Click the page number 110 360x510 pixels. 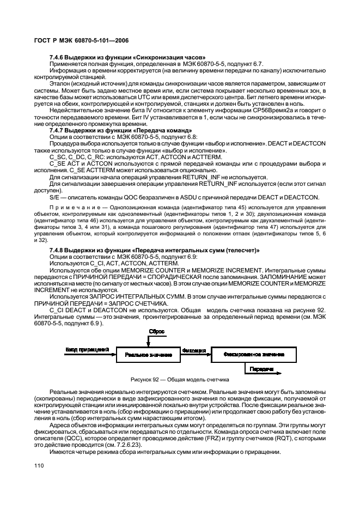coord(39,465)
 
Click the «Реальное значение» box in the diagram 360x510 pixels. coord(148,354)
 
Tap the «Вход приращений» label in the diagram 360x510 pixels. coord(87,349)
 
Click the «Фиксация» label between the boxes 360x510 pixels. coord(194,350)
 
